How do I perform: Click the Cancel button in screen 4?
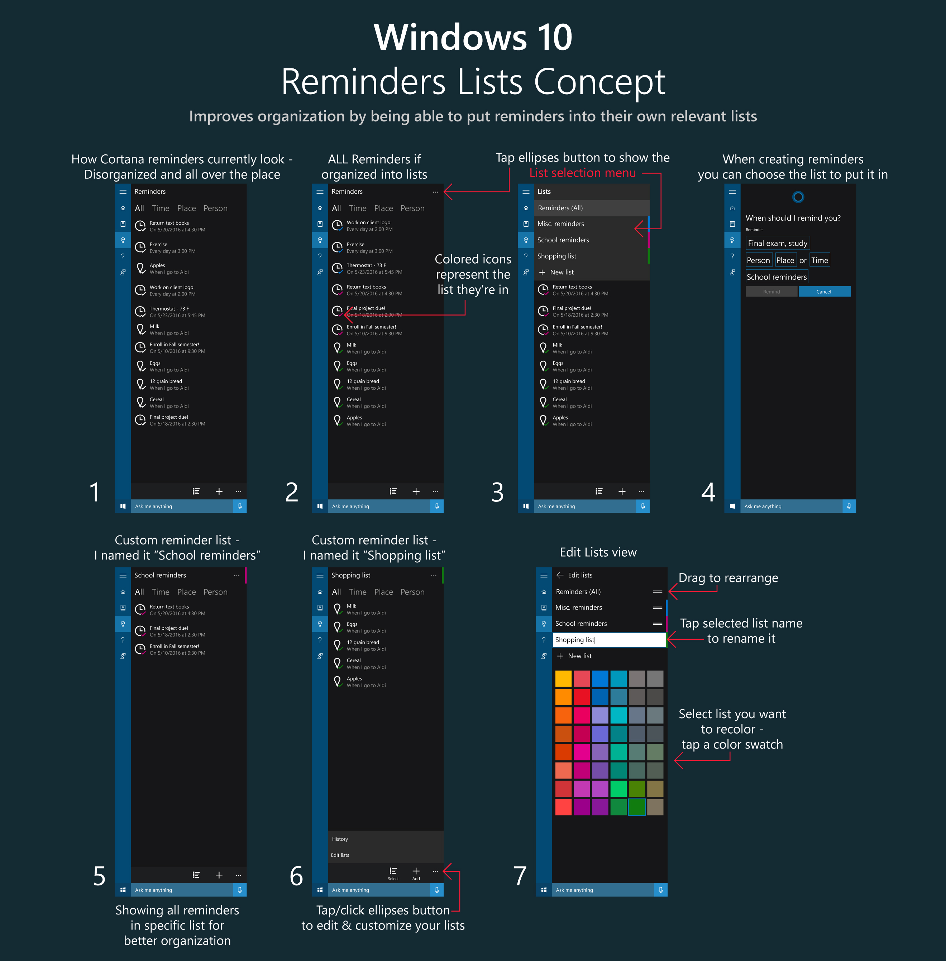coord(824,292)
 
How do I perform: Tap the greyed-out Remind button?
coord(771,292)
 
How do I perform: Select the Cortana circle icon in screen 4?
coord(798,197)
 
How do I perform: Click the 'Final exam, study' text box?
coord(778,243)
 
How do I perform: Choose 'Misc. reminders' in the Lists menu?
coord(560,224)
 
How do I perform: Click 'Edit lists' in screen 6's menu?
coord(340,855)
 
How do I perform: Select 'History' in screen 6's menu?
coord(340,839)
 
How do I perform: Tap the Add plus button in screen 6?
coord(416,871)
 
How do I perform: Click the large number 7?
coord(520,876)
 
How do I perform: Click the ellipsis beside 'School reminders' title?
coord(236,576)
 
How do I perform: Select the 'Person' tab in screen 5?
coord(215,592)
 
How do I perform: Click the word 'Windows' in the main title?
coord(450,37)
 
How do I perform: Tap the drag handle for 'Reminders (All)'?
coord(657,591)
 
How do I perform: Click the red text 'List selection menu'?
coord(582,173)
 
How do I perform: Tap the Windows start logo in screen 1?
coord(123,506)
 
